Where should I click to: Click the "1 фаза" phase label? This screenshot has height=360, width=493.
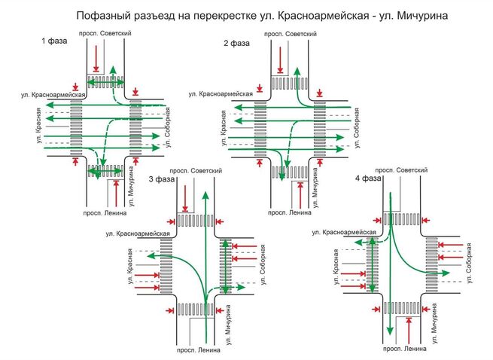coord(54,41)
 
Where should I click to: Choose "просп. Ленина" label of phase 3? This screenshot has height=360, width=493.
coord(197,350)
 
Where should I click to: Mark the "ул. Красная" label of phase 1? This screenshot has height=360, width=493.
coord(38,128)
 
